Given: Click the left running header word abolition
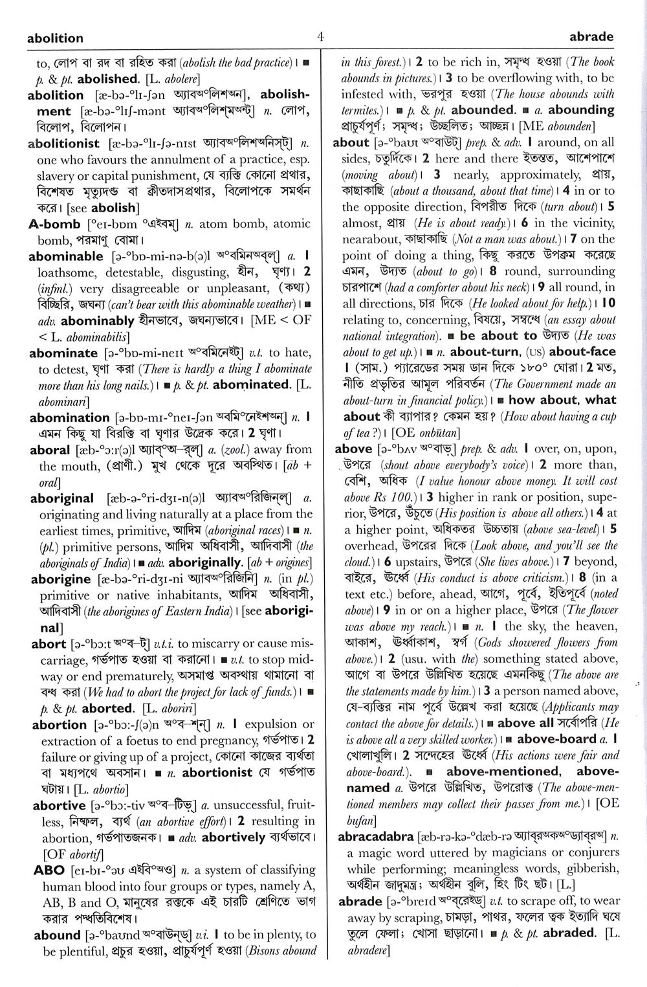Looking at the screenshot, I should pyautogui.click(x=55, y=38).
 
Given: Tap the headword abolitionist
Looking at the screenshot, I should pyautogui.click(x=64, y=144).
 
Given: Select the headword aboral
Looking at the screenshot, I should pyautogui.click(x=50, y=450).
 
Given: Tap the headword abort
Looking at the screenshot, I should pyautogui.click(x=49, y=644).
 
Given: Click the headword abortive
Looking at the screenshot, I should pyautogui.click(x=59, y=806).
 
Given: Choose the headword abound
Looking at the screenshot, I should pyautogui.click(x=57, y=935).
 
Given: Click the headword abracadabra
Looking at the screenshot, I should pyautogui.click(x=375, y=836).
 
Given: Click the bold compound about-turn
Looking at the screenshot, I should pyautogui.click(x=484, y=352).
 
